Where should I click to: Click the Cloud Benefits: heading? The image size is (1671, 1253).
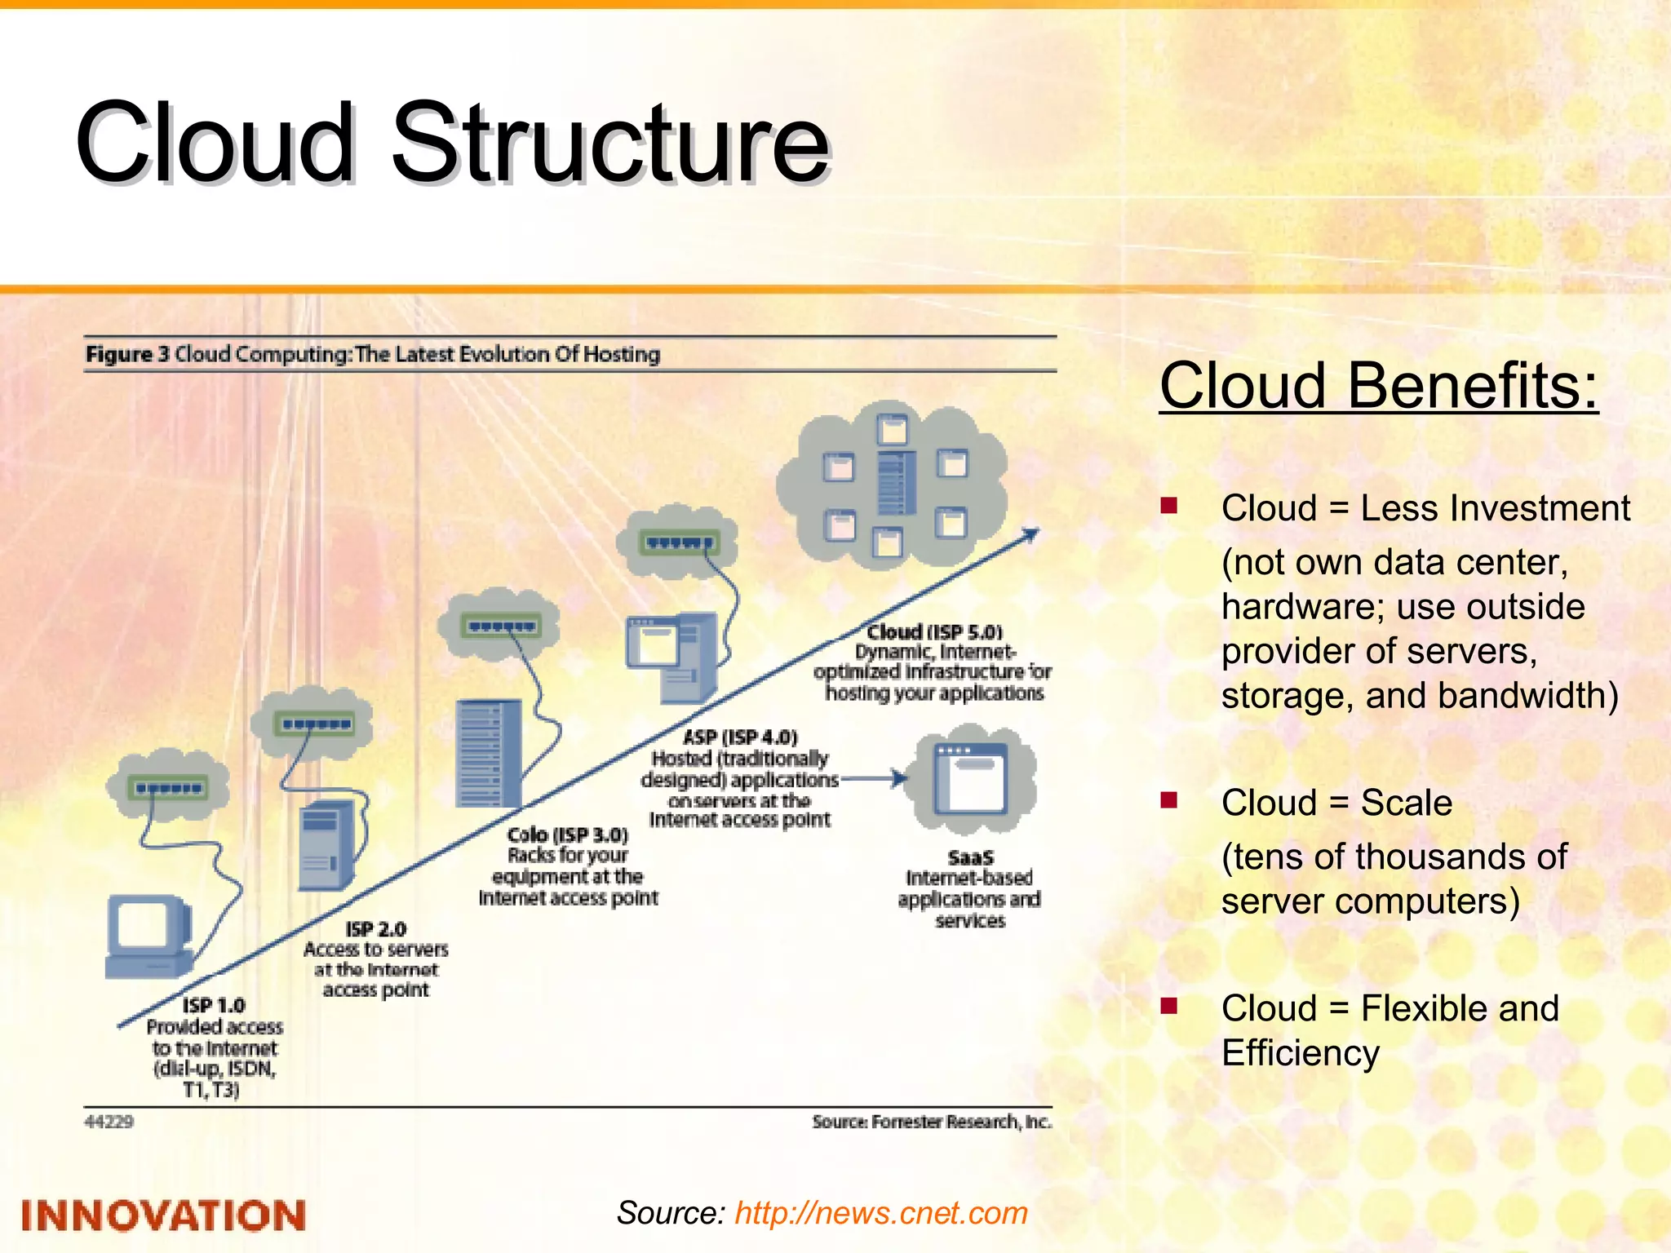(x=1378, y=385)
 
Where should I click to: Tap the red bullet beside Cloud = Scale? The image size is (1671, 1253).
(x=1169, y=799)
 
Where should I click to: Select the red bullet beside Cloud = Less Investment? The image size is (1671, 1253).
(x=1169, y=506)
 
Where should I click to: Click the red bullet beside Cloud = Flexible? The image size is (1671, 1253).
(x=1169, y=1005)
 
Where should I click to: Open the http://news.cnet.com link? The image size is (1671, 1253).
(x=880, y=1213)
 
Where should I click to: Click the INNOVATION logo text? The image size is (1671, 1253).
(x=163, y=1215)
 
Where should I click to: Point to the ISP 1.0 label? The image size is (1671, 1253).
(x=214, y=1005)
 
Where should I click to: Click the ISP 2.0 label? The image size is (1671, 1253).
(x=375, y=929)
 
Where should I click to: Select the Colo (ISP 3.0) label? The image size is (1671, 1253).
(x=567, y=835)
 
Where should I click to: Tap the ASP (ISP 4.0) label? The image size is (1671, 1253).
(x=739, y=737)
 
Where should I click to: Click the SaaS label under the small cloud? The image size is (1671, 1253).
(x=970, y=857)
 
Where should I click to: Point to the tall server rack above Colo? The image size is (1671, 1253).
(x=488, y=753)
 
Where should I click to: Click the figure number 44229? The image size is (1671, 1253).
(x=109, y=1122)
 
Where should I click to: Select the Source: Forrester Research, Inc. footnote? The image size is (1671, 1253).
(x=932, y=1122)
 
